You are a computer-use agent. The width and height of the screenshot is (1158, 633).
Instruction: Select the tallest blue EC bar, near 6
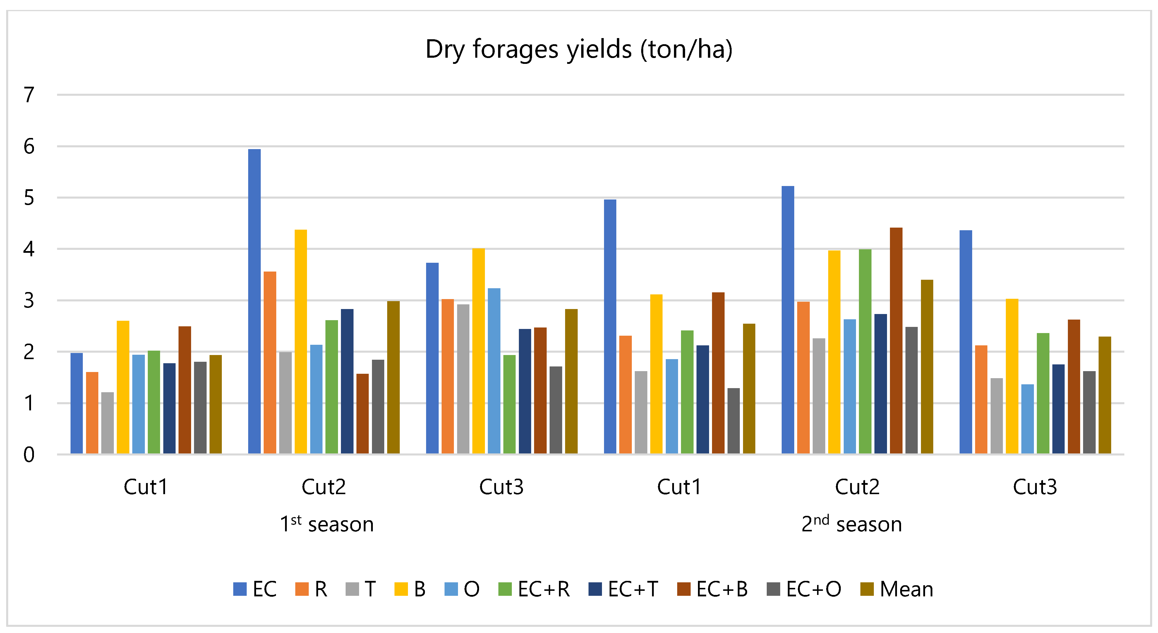[x=254, y=301]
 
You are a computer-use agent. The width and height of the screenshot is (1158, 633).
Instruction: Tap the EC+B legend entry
[x=713, y=589]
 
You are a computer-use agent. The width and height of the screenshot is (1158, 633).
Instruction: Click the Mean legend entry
[x=897, y=589]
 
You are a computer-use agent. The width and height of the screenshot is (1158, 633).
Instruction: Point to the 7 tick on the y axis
[x=29, y=95]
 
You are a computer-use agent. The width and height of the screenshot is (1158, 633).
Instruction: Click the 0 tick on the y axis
[x=29, y=455]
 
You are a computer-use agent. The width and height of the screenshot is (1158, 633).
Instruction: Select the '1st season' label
[x=327, y=524]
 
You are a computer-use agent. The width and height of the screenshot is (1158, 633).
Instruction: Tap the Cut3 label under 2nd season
[x=1035, y=487]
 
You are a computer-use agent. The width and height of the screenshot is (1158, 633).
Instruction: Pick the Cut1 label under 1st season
[x=146, y=487]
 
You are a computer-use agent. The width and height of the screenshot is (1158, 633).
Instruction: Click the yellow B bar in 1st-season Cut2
[x=301, y=342]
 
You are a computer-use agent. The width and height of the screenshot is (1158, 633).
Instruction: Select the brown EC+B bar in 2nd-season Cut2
[x=896, y=341]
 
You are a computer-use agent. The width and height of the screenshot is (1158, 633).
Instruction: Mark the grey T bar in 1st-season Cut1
[x=107, y=423]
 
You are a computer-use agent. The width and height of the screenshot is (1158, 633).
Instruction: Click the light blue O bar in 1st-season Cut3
[x=494, y=371]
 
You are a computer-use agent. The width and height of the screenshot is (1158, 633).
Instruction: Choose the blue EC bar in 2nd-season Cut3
[x=966, y=342]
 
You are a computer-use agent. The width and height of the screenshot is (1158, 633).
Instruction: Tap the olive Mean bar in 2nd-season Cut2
[x=927, y=367]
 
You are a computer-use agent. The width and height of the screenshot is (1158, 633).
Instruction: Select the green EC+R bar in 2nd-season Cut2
[x=865, y=352]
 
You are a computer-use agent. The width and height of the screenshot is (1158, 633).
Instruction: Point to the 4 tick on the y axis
[x=29, y=249]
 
